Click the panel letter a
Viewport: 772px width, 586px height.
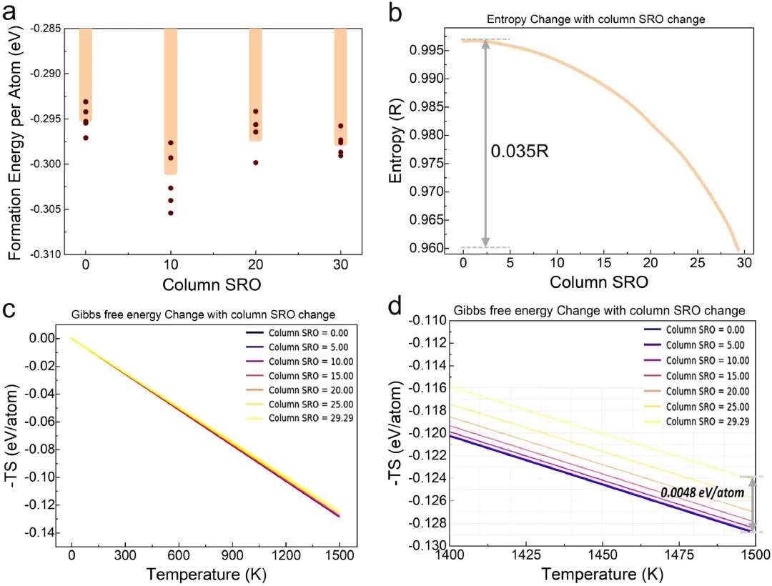(x=14, y=14)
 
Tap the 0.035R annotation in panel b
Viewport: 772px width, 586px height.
(x=519, y=152)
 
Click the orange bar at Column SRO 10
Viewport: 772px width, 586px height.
(x=171, y=100)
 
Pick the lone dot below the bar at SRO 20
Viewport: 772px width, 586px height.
(x=256, y=163)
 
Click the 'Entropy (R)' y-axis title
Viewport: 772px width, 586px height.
(x=397, y=142)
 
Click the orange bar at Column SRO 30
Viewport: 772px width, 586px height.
(x=341, y=86)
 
